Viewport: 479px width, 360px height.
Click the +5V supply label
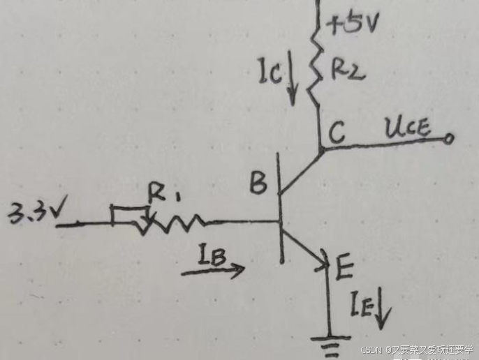pyautogui.click(x=352, y=27)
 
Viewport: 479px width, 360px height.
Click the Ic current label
pyautogui.click(x=270, y=71)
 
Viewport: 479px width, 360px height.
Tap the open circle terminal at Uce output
pyautogui.click(x=448, y=140)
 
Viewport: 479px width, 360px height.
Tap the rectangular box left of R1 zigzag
pyautogui.click(x=130, y=216)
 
